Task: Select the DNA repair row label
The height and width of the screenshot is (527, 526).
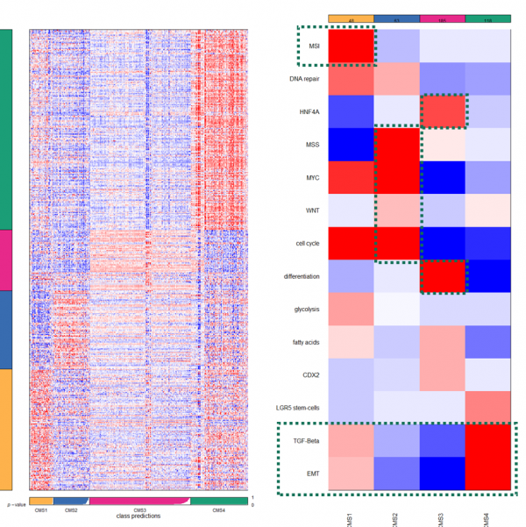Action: click(x=303, y=79)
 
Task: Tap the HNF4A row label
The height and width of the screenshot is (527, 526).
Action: click(x=308, y=112)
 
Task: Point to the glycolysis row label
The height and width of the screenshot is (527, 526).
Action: click(x=305, y=309)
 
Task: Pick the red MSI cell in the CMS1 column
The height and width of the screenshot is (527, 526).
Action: click(x=352, y=46)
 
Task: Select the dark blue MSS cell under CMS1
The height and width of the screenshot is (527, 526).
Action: click(x=352, y=145)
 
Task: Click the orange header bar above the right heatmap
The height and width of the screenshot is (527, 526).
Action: click(x=352, y=18)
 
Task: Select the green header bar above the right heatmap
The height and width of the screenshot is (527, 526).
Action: click(x=487, y=18)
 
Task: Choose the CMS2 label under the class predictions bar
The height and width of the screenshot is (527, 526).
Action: click(x=71, y=510)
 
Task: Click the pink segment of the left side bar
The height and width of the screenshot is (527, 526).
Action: click(x=6, y=260)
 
